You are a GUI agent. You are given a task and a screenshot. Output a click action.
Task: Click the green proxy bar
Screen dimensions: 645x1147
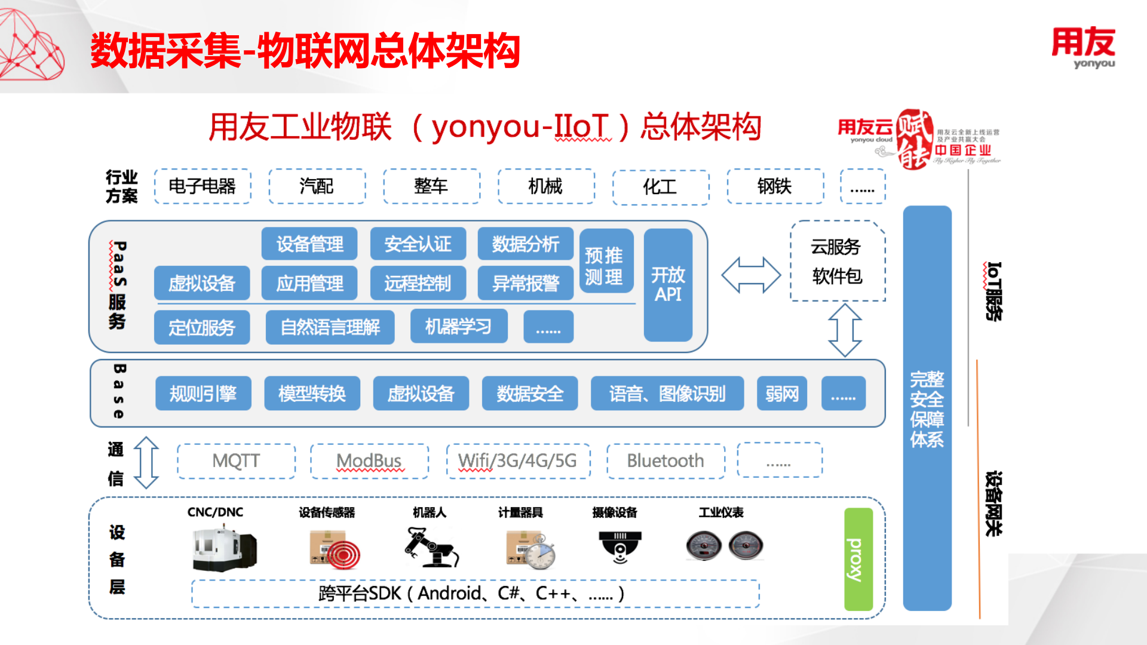(x=858, y=559)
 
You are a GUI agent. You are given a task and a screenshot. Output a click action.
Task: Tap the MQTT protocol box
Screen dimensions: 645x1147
(x=237, y=461)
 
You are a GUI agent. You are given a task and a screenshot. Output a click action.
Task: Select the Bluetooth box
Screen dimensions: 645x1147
(x=665, y=461)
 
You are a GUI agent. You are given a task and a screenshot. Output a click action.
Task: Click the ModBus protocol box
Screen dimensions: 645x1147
(x=369, y=461)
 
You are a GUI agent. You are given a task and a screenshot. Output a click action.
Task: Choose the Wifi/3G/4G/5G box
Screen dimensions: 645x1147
(x=518, y=461)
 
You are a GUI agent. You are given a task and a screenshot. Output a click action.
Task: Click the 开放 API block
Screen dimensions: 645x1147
(x=668, y=285)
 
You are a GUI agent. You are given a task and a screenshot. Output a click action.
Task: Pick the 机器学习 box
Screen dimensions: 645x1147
(x=459, y=327)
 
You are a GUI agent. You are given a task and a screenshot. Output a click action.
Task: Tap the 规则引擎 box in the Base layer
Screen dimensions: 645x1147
(x=203, y=394)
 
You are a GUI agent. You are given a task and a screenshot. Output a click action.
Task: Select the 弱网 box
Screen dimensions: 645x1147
(x=781, y=394)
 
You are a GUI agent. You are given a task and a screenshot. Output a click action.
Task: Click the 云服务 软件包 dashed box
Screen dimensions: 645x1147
(x=837, y=262)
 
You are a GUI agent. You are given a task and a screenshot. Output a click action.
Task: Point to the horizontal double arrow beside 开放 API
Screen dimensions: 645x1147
(x=751, y=275)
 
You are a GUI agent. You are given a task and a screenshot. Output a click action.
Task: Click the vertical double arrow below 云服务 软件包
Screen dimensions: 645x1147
(x=845, y=330)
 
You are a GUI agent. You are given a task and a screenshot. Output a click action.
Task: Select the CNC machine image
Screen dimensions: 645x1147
(x=225, y=548)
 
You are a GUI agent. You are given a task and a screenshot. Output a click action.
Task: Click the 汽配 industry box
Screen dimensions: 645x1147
(x=317, y=186)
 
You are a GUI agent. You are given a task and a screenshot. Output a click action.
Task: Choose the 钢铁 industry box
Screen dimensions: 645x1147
(x=775, y=186)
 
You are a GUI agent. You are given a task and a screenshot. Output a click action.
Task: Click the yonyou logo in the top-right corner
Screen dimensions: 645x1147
(x=1084, y=47)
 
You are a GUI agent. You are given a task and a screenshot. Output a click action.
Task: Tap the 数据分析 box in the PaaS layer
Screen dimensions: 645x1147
(x=525, y=244)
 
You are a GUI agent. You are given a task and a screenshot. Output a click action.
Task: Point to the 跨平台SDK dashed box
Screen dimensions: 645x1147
(x=475, y=594)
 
